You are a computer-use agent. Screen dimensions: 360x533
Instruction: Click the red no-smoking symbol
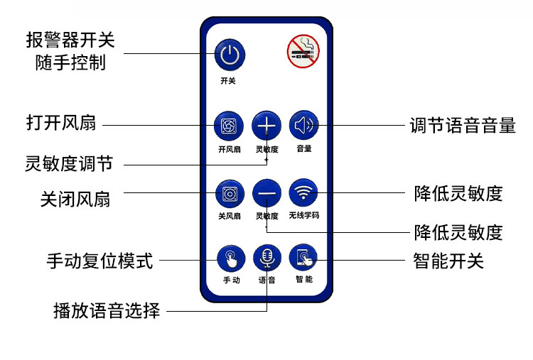(303, 52)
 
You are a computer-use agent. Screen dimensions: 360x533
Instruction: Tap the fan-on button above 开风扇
(229, 126)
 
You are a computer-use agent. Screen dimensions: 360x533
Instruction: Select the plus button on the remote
(266, 126)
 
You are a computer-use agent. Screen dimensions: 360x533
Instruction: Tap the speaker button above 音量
(303, 126)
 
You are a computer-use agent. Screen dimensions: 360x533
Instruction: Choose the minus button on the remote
(266, 192)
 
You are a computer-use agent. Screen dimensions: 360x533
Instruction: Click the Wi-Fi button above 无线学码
(303, 192)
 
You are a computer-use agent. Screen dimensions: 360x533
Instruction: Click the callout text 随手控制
(70, 62)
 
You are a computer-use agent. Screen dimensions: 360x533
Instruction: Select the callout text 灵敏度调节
(68, 164)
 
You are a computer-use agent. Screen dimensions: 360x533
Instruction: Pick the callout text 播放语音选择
(107, 310)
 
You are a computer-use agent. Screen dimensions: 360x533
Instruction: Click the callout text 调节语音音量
(463, 126)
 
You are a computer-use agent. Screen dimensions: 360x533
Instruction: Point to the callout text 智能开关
(448, 261)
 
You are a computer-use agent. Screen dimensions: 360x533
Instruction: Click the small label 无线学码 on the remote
(303, 215)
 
